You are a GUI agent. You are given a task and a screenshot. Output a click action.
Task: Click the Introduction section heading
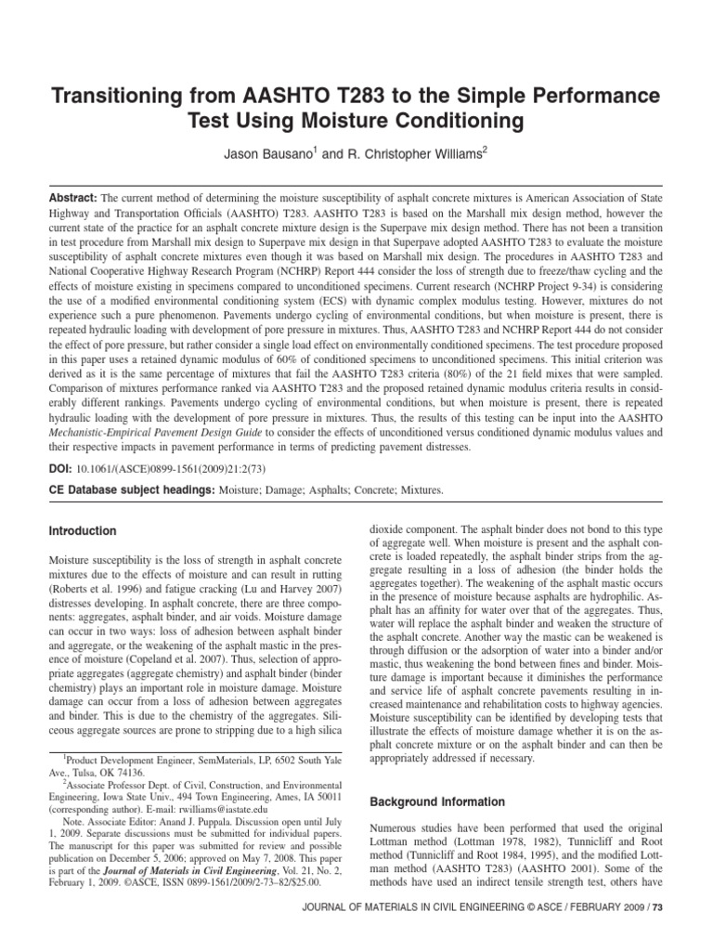point(84,531)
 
